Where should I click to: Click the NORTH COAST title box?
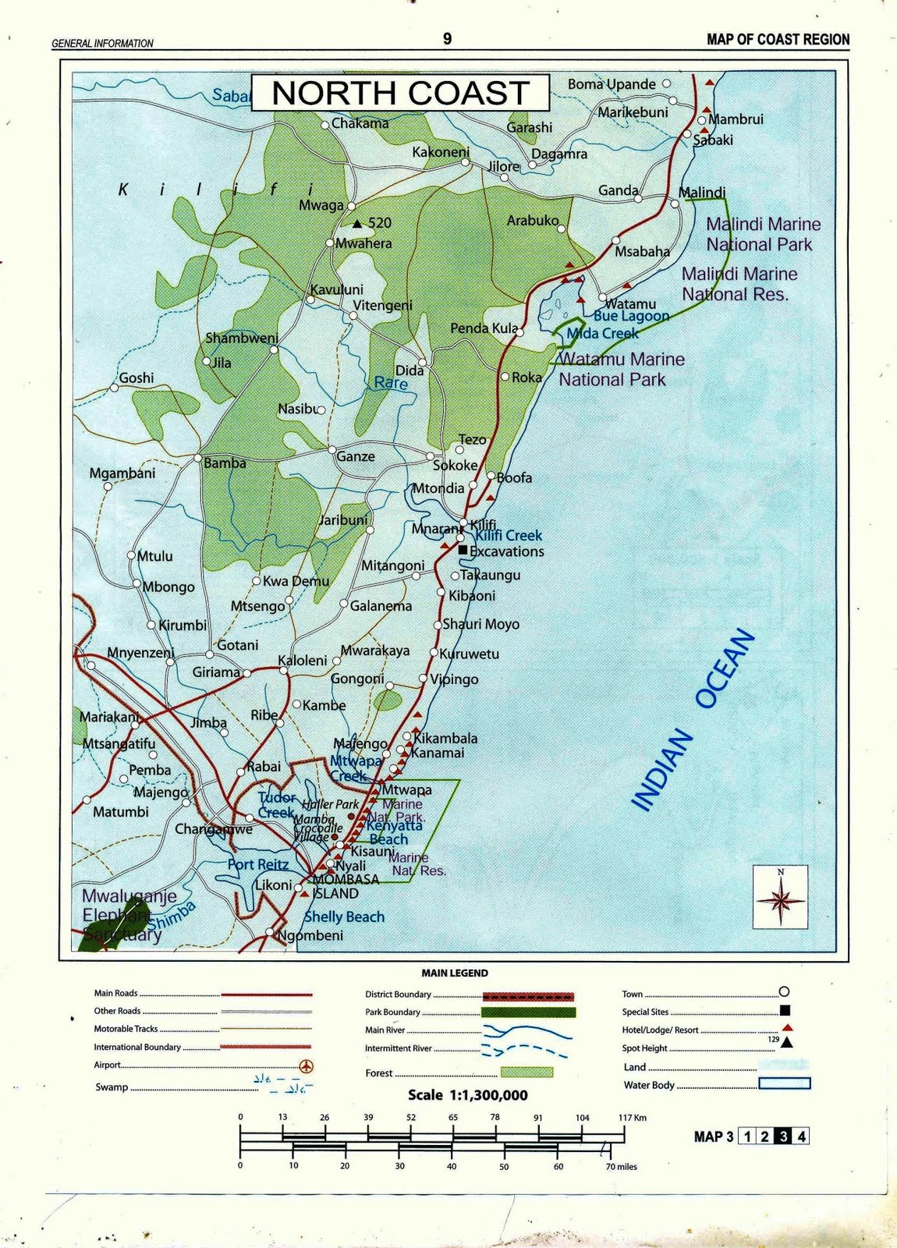tap(400, 93)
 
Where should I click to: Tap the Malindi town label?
tap(702, 193)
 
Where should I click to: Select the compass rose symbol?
tap(780, 899)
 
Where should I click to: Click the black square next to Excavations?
tap(463, 550)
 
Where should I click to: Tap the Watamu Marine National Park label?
tap(621, 370)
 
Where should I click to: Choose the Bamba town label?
tap(225, 463)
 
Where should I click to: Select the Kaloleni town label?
tap(303, 661)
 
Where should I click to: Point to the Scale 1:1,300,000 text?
tap(468, 1095)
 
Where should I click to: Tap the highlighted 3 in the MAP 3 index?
tap(783, 1136)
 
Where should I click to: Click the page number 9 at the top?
tap(447, 39)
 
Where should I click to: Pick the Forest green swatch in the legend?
tap(526, 1072)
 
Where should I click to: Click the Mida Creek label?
tap(602, 334)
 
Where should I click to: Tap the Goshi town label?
tap(136, 378)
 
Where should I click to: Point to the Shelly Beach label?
tap(344, 917)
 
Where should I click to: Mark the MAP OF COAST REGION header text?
tap(778, 40)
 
